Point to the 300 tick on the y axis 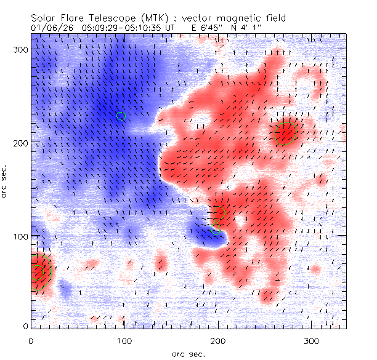[x=21, y=50]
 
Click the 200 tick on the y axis [x=21, y=143]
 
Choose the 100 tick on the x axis [x=124, y=340]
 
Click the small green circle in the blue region [x=121, y=116]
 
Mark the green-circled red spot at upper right [x=286, y=132]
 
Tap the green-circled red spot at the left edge [x=38, y=271]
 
